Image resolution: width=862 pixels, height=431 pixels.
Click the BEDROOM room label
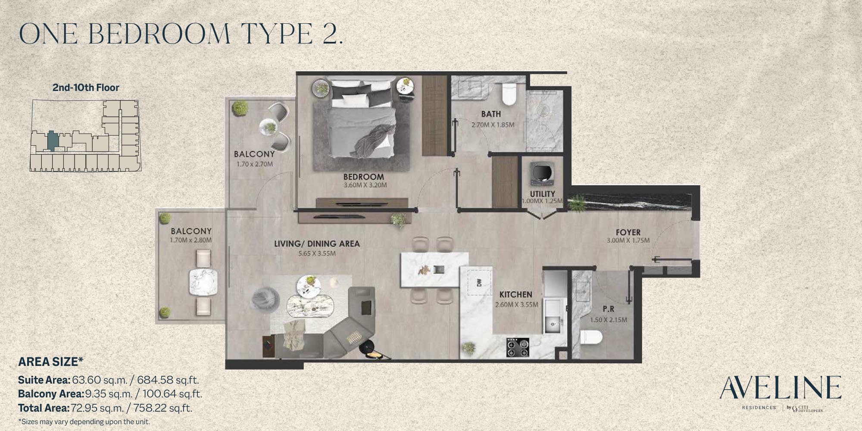point(363,176)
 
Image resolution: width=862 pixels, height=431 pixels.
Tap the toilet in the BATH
point(509,94)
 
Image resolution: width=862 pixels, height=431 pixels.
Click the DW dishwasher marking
point(479,282)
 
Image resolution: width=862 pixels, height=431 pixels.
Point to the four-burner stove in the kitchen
point(518,347)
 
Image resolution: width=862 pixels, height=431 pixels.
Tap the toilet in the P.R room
point(590,337)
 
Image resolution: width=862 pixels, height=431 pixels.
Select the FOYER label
point(628,232)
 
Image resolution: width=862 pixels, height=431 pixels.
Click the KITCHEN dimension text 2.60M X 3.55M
point(517,304)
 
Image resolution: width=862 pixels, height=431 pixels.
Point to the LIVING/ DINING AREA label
point(317,244)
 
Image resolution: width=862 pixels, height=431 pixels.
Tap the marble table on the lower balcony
point(203,282)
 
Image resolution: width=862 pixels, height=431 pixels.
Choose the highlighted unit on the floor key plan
point(53,141)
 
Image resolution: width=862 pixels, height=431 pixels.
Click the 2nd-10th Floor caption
point(86,87)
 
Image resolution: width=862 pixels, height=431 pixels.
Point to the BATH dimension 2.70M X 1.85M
point(493,125)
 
